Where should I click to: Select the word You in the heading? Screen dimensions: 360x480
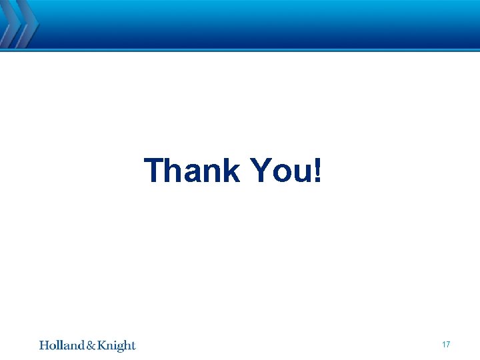(x=282, y=171)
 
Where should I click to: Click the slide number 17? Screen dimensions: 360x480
(x=446, y=345)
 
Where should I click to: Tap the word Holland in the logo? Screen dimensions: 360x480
(x=61, y=345)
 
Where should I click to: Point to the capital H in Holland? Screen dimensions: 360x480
(x=44, y=345)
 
